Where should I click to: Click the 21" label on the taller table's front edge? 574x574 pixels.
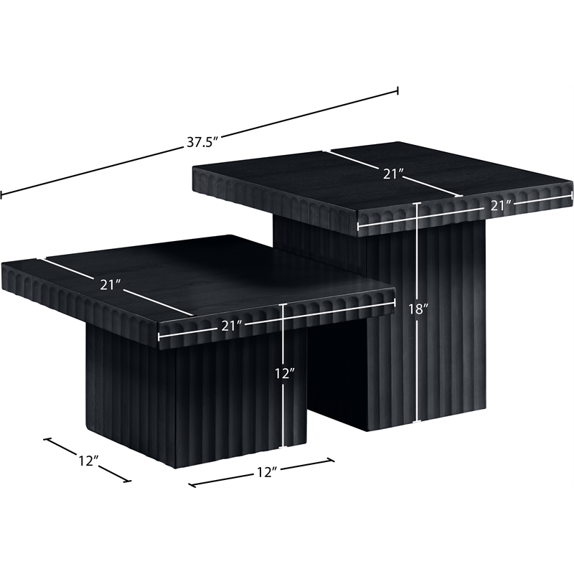click(500, 206)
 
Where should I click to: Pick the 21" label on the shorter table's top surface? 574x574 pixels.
click(111, 285)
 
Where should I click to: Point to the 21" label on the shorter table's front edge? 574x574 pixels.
click(232, 326)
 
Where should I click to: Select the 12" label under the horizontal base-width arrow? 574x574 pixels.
click(265, 472)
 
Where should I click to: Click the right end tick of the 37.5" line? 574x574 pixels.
click(397, 90)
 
